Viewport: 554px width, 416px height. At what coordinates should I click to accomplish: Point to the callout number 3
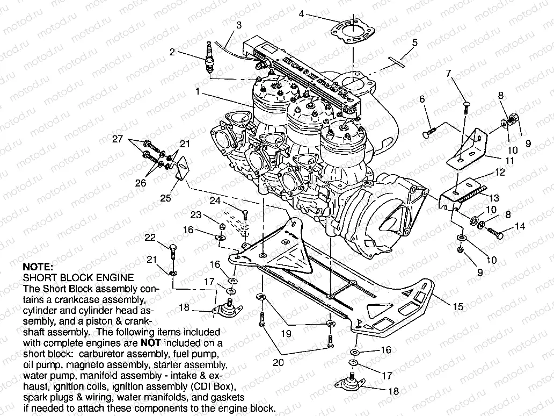click(238, 25)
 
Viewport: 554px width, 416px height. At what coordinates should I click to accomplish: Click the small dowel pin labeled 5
click(398, 60)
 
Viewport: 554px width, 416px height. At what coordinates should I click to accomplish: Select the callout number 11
click(509, 161)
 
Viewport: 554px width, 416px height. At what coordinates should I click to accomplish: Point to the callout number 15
click(457, 307)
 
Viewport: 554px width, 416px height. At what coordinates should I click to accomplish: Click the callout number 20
click(278, 363)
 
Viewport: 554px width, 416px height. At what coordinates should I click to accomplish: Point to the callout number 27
click(117, 140)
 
